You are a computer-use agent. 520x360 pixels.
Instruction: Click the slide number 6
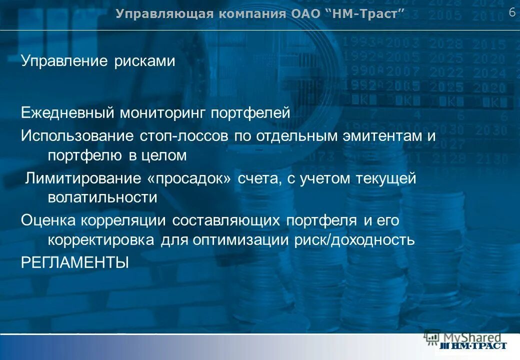pyautogui.click(x=512, y=12)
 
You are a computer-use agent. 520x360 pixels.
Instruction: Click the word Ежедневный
pyautogui.click(x=67, y=113)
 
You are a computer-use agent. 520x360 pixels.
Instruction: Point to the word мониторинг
pyautogui.click(x=162, y=113)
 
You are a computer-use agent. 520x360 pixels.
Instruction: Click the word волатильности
pyautogui.click(x=102, y=197)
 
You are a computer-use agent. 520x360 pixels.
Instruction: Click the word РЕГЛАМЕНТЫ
pyautogui.click(x=75, y=262)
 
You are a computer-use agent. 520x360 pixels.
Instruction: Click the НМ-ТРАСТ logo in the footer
pyautogui.click(x=472, y=345)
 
